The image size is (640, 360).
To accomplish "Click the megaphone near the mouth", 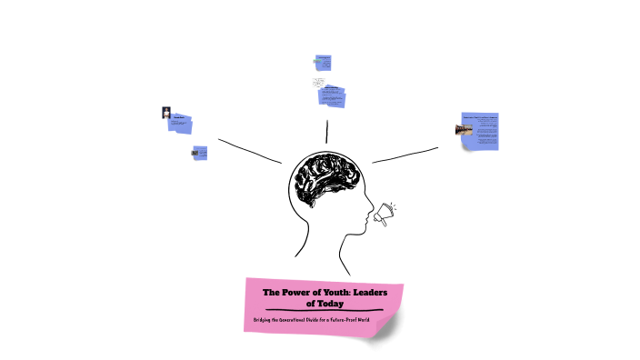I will pyautogui.click(x=385, y=213).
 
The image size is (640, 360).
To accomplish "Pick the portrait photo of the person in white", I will pyautogui.click(x=166, y=113).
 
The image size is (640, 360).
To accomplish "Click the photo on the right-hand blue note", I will pyautogui.click(x=463, y=131).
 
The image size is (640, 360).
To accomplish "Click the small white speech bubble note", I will pyautogui.click(x=320, y=83).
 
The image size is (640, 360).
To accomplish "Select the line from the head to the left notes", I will pyautogui.click(x=249, y=151).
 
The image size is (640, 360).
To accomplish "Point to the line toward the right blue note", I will pyautogui.click(x=405, y=155).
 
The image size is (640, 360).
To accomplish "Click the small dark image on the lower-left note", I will pyautogui.click(x=195, y=153).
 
